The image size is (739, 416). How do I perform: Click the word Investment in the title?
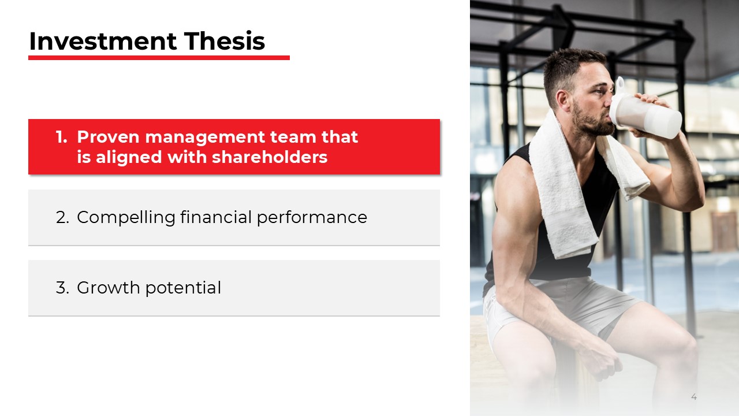coord(102,42)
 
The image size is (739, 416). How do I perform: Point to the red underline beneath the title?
coord(159,58)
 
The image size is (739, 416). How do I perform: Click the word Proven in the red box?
coord(108,138)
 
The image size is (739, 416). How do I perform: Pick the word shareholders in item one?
coord(270,157)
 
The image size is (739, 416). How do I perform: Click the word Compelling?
coord(126,218)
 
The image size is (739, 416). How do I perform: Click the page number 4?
coord(694,397)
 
